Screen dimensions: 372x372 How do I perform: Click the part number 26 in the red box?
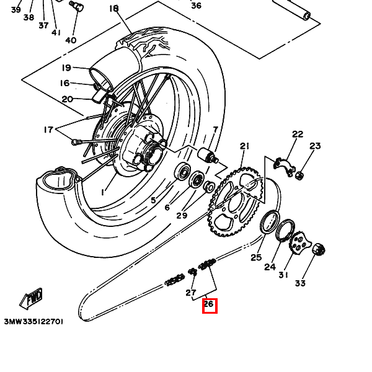point(209,304)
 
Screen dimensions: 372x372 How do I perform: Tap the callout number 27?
point(191,293)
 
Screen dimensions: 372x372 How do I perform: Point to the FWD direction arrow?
point(31,298)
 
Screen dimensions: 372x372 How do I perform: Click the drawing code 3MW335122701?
point(33,322)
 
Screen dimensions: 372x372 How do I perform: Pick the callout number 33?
point(300,283)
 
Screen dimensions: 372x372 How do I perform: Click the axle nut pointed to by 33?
point(318,249)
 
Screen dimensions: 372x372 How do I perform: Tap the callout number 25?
point(256,257)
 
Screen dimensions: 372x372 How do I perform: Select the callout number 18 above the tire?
point(114,9)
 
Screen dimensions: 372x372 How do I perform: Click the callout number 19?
point(66,68)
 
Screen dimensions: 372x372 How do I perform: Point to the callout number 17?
point(48,130)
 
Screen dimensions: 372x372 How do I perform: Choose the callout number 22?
point(298,135)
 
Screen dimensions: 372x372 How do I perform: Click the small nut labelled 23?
point(299,175)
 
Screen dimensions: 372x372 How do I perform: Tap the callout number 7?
point(215,130)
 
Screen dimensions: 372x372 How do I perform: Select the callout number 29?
point(182,215)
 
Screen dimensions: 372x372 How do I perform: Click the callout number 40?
point(71,40)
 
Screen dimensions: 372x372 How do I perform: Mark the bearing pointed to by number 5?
point(182,172)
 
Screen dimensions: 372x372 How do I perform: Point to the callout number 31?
point(283,275)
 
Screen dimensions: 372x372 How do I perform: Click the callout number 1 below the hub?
point(102,192)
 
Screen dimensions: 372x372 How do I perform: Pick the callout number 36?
point(196,6)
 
